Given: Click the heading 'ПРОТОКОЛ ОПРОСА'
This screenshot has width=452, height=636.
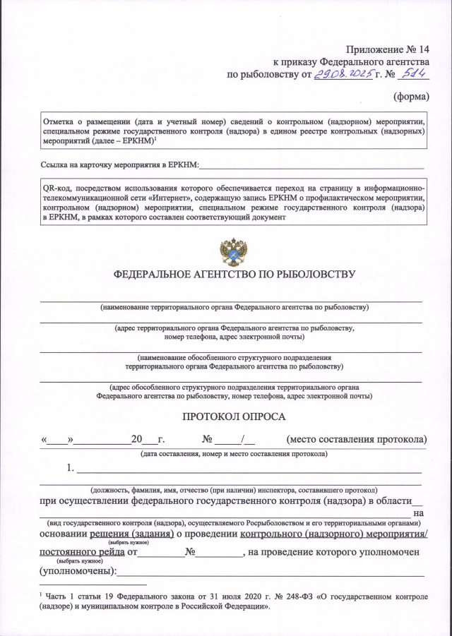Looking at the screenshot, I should [x=234, y=417].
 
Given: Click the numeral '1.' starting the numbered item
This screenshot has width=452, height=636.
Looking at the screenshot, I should [x=71, y=468].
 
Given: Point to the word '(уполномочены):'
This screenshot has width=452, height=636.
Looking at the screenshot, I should [x=78, y=570].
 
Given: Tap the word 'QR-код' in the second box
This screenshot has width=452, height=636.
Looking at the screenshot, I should [x=58, y=188].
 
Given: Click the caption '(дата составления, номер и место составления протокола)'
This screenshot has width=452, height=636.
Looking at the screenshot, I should [x=234, y=453].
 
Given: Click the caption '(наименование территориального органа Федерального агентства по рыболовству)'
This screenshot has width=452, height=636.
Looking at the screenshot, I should [x=234, y=308].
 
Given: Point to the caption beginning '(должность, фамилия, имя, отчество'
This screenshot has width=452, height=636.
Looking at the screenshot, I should [x=234, y=489].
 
